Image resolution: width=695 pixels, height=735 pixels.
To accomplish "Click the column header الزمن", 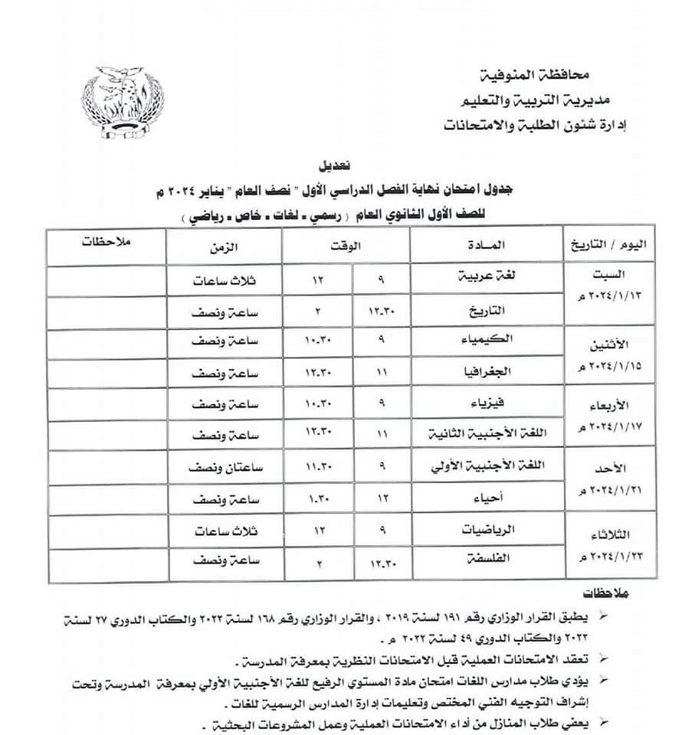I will [224, 247].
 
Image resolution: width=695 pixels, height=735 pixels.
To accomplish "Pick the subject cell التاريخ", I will [493, 310].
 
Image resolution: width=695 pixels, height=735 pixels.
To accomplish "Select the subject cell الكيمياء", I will [490, 342].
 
